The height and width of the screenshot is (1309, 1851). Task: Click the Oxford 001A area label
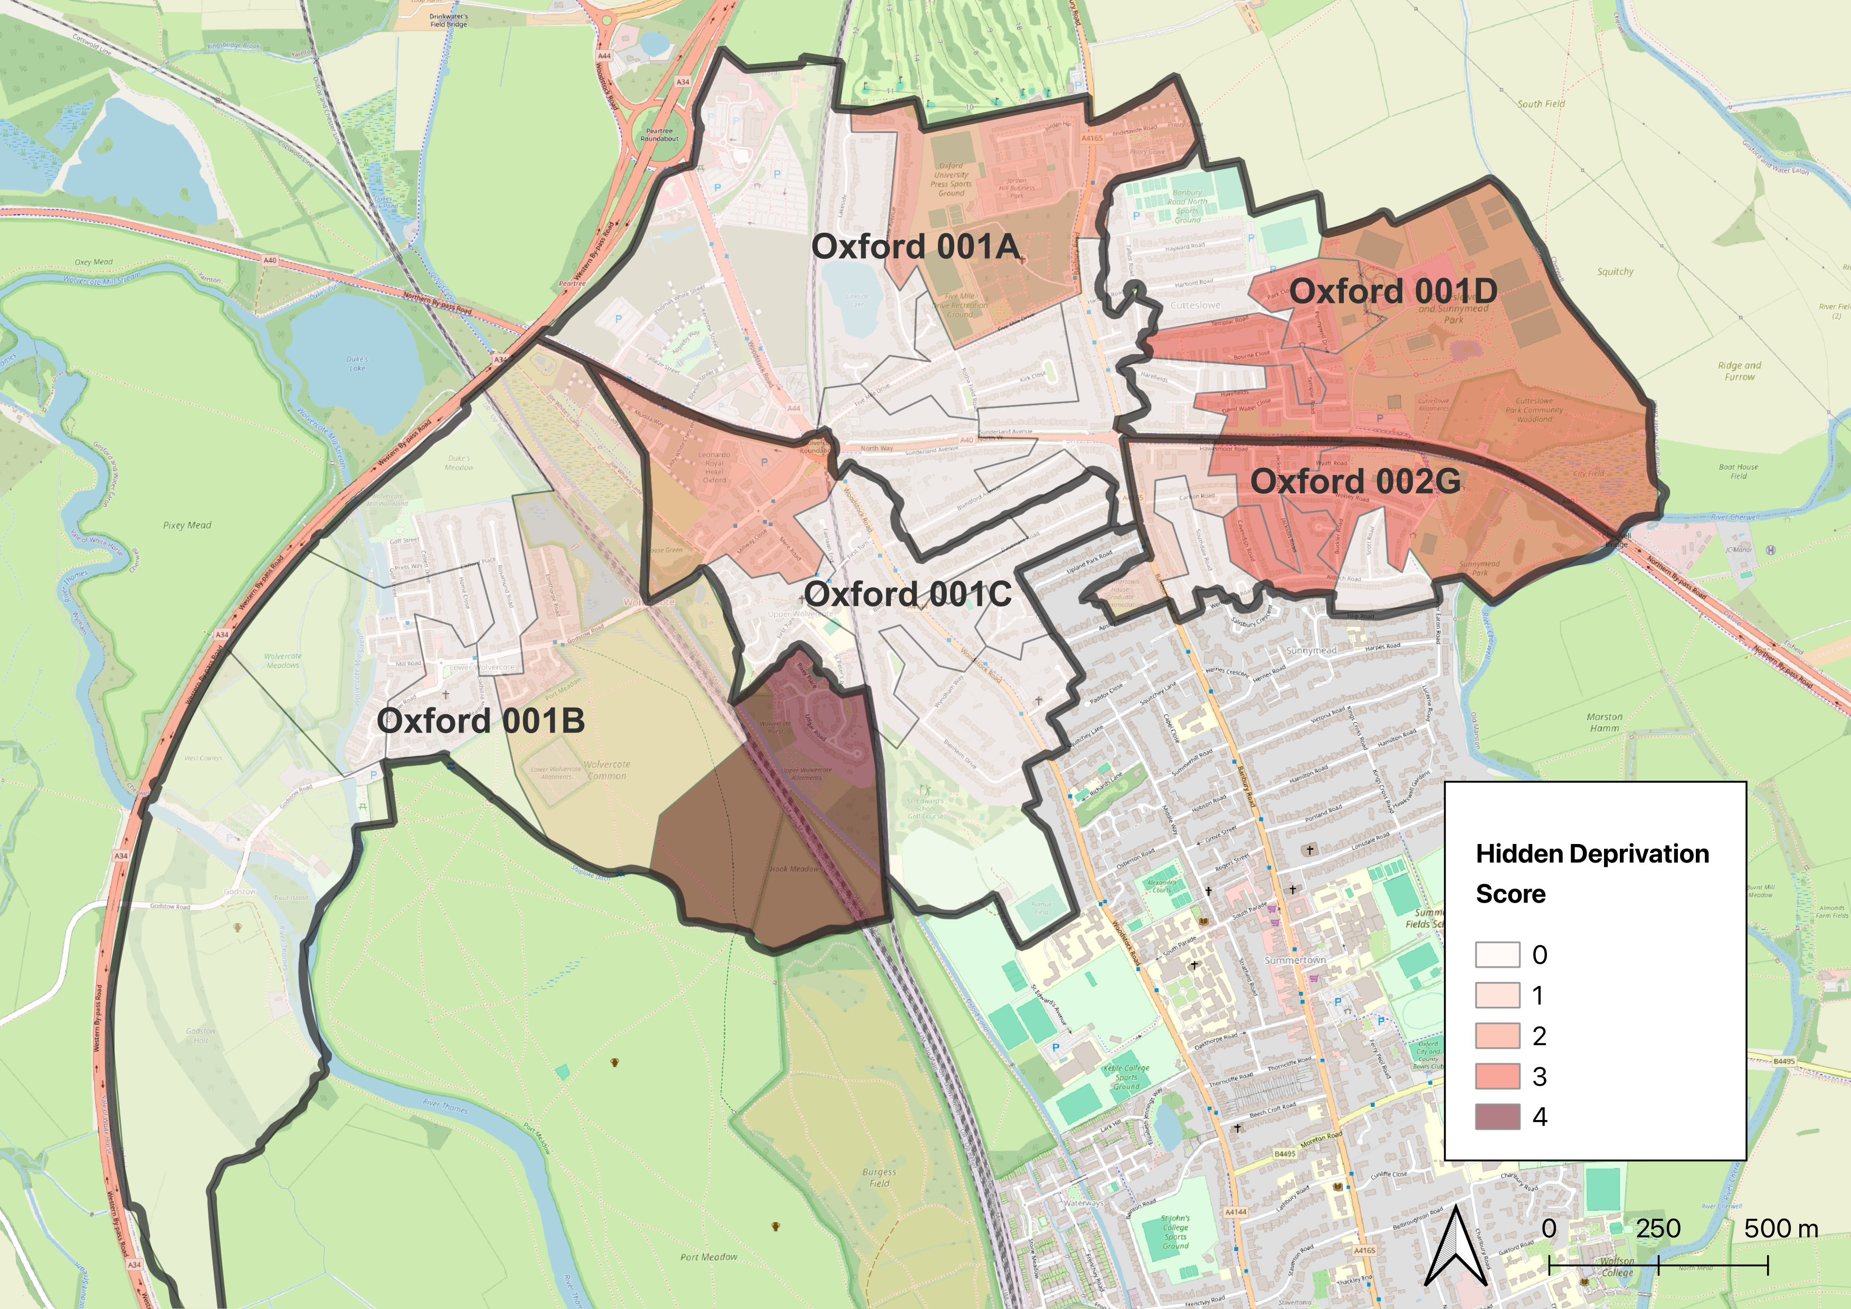tap(915, 246)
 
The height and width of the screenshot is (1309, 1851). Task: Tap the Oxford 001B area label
tap(480, 720)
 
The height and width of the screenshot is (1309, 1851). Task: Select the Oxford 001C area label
tap(908, 595)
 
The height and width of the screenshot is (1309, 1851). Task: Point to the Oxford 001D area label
tap(1393, 291)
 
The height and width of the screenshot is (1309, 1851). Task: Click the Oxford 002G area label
tap(1355, 481)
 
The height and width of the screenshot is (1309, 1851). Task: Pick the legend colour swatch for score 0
tap(1497, 954)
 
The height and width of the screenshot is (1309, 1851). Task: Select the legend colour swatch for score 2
tap(1497, 1036)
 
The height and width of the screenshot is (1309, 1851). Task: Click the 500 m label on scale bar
tap(1781, 1228)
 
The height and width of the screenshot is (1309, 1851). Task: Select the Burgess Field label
tap(879, 1178)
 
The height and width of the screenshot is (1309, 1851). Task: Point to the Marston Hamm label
tap(1605, 722)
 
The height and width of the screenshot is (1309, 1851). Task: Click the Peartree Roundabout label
tap(659, 135)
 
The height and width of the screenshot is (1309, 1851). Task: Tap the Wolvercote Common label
tap(606, 770)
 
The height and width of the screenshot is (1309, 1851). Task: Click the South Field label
tap(1541, 104)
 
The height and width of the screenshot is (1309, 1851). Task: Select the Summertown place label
tap(1295, 960)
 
